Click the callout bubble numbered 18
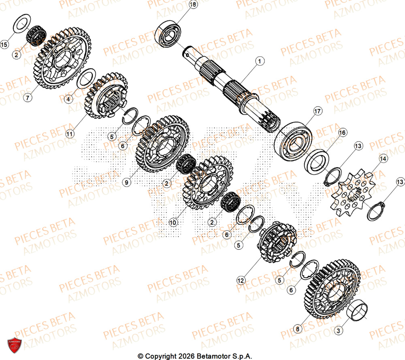pyautogui.click(x=193, y=5)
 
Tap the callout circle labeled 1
pyautogui.click(x=259, y=61)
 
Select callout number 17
pyautogui.click(x=317, y=111)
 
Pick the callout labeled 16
pyautogui.click(x=342, y=133)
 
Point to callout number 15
pyautogui.click(x=4, y=44)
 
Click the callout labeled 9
pyautogui.click(x=127, y=183)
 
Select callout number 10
pyautogui.click(x=173, y=222)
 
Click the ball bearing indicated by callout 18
pyautogui.click(x=168, y=32)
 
